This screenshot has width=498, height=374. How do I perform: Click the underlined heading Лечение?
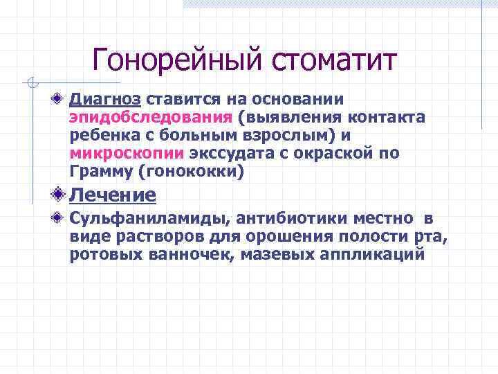(113, 195)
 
